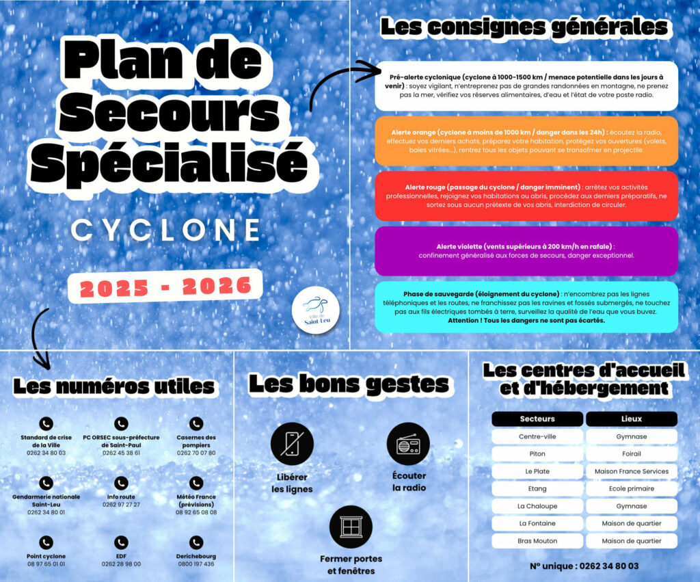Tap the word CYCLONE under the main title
pyautogui.click(x=166, y=230)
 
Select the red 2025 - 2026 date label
pyautogui.click(x=166, y=287)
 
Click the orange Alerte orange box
pyautogui.click(x=526, y=140)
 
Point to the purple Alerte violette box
pyautogui.click(x=526, y=251)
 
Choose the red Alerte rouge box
pyautogui.click(x=526, y=196)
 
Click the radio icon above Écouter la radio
pyautogui.click(x=408, y=445)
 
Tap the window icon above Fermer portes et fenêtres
pyautogui.click(x=351, y=527)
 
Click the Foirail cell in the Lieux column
pyautogui.click(x=631, y=454)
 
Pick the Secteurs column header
pyautogui.click(x=537, y=419)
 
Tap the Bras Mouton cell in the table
pyautogui.click(x=537, y=541)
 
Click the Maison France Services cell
pyautogui.click(x=631, y=471)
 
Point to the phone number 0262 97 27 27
pyautogui.click(x=121, y=505)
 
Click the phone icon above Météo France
pyautogui.click(x=196, y=483)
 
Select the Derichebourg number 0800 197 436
pyautogui.click(x=196, y=564)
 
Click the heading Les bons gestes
pyautogui.click(x=349, y=384)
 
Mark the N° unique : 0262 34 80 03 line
pyautogui.click(x=584, y=566)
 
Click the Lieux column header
pyautogui.click(x=631, y=419)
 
